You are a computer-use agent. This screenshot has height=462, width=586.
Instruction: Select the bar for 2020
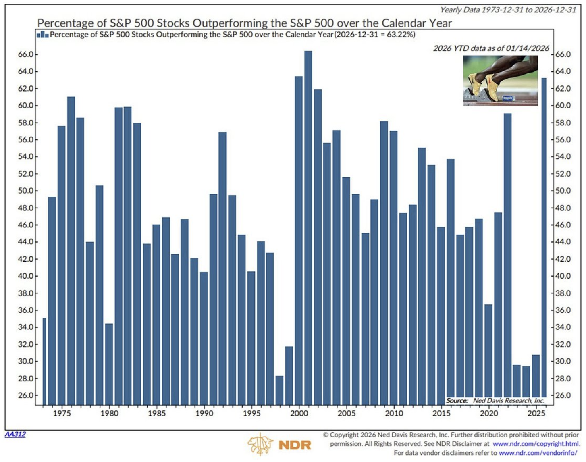[x=488, y=354]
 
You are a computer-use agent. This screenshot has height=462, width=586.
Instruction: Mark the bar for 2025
[x=536, y=379]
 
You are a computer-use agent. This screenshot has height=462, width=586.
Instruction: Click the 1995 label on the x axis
[x=251, y=414]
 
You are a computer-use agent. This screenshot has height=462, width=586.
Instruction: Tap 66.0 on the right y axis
[x=563, y=54]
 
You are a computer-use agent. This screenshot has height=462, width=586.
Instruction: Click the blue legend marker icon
[x=42, y=35]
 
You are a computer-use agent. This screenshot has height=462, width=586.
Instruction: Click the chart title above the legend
[x=244, y=23]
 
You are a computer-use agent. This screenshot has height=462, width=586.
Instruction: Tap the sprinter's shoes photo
[x=500, y=81]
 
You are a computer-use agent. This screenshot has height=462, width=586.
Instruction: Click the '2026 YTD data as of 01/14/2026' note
[x=491, y=48]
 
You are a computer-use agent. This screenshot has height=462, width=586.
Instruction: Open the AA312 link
[x=15, y=434]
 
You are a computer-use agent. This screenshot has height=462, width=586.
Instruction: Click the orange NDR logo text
[x=295, y=445]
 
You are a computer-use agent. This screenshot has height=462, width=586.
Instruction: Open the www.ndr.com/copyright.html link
[x=536, y=444]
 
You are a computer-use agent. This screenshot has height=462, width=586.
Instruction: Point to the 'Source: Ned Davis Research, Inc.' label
[x=495, y=400]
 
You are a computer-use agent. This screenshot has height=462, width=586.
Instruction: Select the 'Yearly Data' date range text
[x=508, y=10]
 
